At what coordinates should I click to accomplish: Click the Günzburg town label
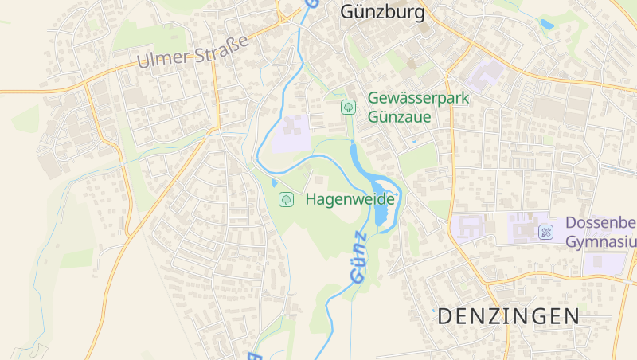tap(382, 12)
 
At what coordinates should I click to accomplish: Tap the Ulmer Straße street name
tap(192, 50)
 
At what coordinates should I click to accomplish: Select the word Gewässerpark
tap(418, 98)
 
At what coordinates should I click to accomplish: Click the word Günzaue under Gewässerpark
tap(399, 117)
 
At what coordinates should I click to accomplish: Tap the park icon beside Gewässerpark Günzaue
tap(348, 107)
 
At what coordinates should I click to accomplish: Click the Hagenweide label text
tap(350, 199)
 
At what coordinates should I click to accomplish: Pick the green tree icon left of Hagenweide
tap(285, 199)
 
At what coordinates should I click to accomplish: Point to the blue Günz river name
tap(359, 258)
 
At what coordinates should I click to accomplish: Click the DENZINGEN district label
tap(509, 315)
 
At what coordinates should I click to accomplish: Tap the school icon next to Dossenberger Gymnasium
tap(545, 232)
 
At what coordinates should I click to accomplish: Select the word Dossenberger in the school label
tap(601, 223)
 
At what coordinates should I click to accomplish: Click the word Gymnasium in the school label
tap(601, 241)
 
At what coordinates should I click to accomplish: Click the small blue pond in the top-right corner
tap(546, 25)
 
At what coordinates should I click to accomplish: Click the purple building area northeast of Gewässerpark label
tap(484, 76)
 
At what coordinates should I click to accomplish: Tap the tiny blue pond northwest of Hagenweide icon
tap(275, 183)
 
